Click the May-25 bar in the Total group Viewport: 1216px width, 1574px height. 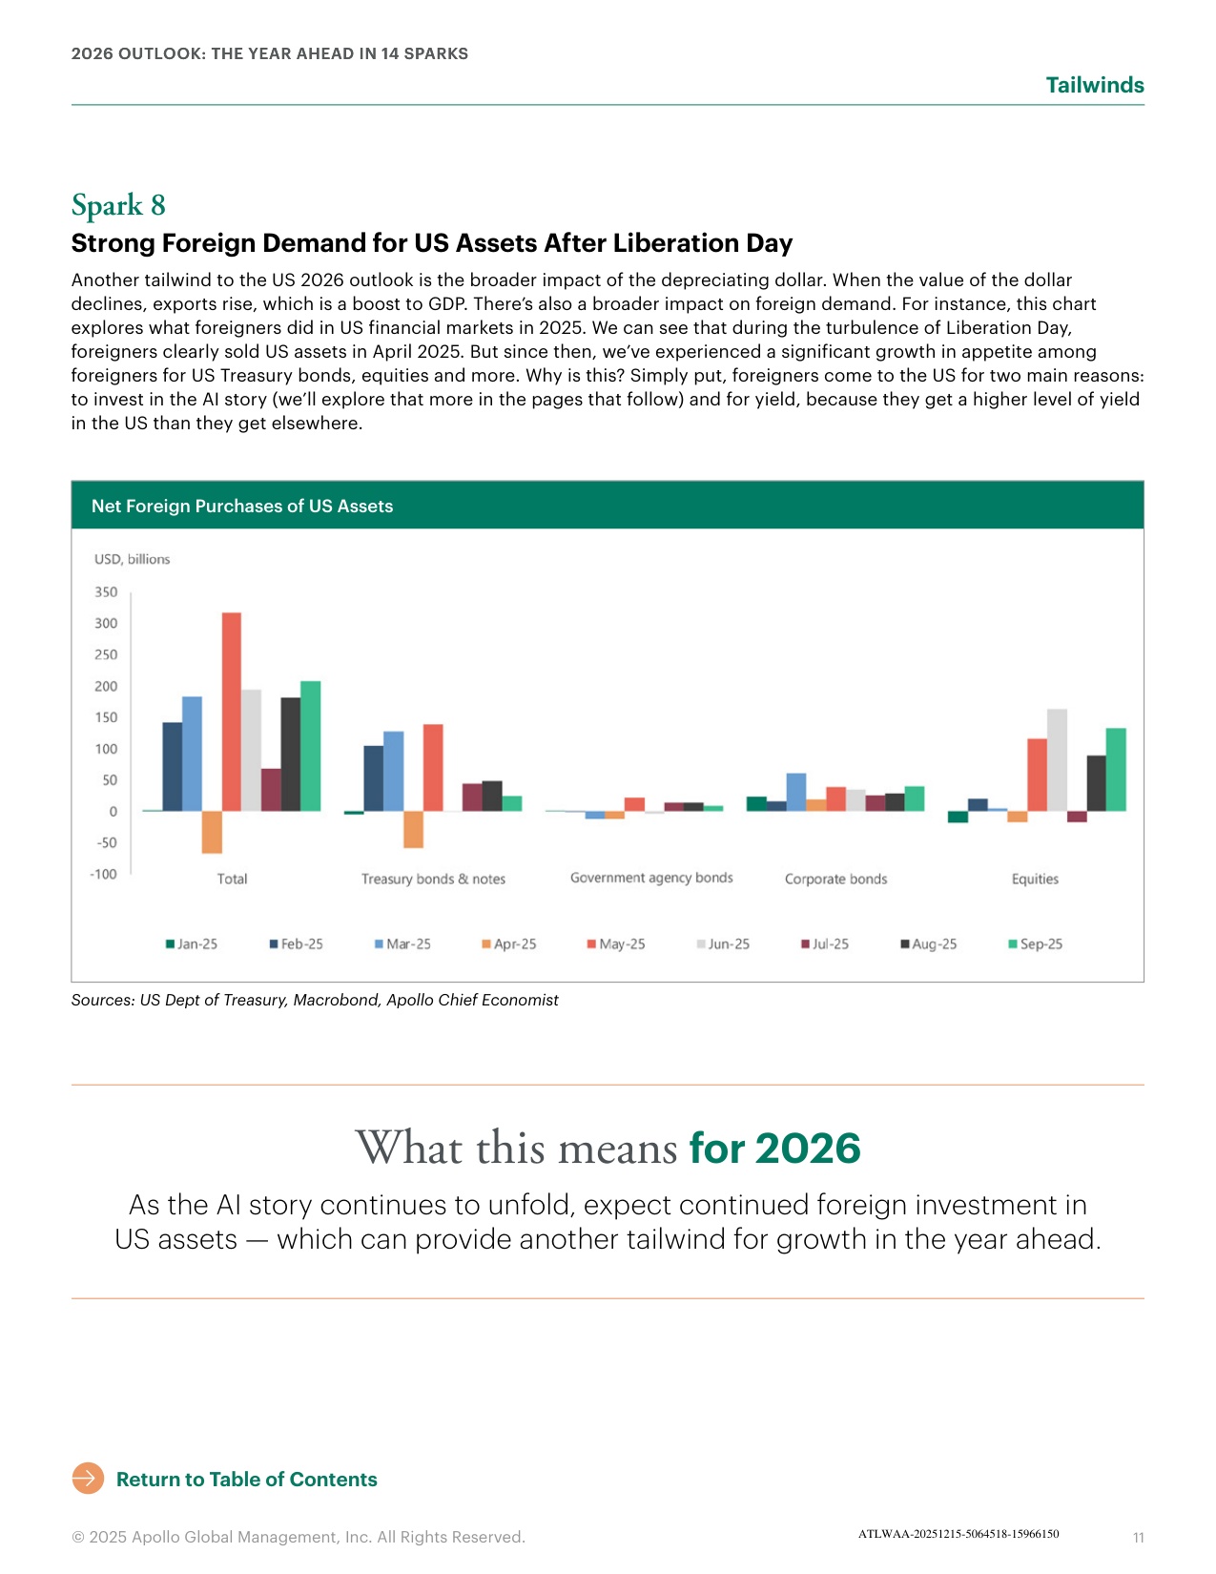231,712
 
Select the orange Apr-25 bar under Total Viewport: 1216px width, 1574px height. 212,832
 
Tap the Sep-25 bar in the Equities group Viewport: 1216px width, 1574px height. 1115,769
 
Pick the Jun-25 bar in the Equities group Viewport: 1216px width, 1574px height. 1057,760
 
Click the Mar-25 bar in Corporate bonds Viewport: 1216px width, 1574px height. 796,792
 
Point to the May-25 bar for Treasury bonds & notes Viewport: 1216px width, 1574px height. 433,768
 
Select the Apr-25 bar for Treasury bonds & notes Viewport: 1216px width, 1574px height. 414,829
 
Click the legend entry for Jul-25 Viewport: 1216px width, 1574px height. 825,943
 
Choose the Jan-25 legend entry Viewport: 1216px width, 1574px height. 192,943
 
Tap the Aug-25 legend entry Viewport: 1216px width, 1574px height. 929,943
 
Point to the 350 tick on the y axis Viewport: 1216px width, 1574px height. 106,591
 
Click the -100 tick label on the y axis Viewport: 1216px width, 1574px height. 103,874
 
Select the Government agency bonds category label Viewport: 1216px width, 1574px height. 651,878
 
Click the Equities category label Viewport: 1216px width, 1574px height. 1035,879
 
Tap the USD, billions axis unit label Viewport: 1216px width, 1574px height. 132,559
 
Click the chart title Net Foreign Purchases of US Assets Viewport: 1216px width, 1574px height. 242,506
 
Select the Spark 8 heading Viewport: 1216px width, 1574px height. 119,205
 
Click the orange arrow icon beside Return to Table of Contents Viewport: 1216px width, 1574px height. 88,1479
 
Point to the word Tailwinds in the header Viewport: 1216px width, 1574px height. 1094,85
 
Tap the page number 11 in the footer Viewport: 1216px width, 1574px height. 1139,1537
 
